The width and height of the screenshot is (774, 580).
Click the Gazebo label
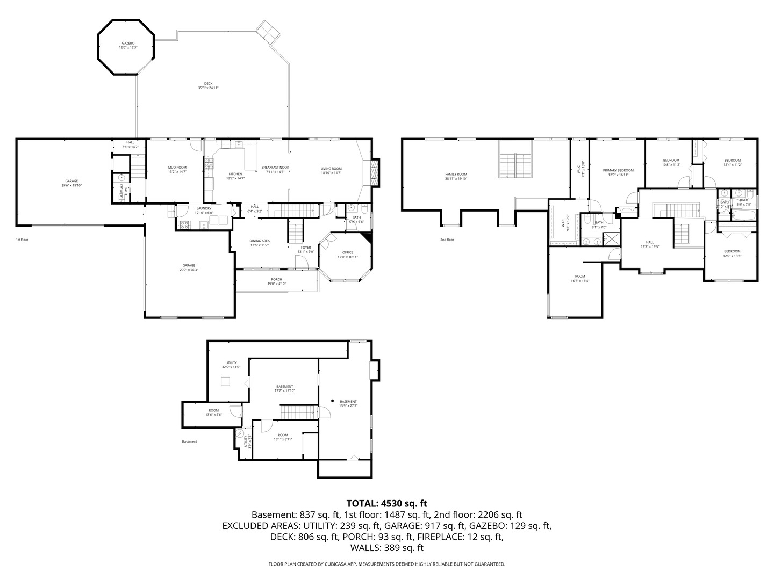[x=128, y=43]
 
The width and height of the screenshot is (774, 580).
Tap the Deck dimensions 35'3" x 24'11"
[x=208, y=88]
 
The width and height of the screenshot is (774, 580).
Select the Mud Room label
[x=177, y=168]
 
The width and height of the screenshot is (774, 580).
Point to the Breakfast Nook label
[x=275, y=168]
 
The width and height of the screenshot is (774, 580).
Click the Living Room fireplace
[x=374, y=172]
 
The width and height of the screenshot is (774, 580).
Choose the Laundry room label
[x=204, y=208]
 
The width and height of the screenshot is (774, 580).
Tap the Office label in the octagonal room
[x=348, y=252]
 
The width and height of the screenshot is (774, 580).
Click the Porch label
[x=276, y=279]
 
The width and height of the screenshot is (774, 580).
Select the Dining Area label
[x=260, y=241]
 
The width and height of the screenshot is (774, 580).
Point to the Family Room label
[x=456, y=174]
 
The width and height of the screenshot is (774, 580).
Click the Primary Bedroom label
[x=621, y=170]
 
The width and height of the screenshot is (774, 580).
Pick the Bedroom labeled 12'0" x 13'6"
[x=732, y=251]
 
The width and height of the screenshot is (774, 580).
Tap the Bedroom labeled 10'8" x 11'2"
[x=671, y=160]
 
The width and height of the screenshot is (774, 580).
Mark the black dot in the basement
[x=333, y=401]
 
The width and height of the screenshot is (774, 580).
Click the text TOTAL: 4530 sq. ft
[x=386, y=503]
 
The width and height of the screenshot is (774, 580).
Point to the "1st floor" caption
[x=22, y=240]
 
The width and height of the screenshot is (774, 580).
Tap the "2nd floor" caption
[x=447, y=240]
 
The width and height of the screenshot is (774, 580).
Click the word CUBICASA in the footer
[x=335, y=564]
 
